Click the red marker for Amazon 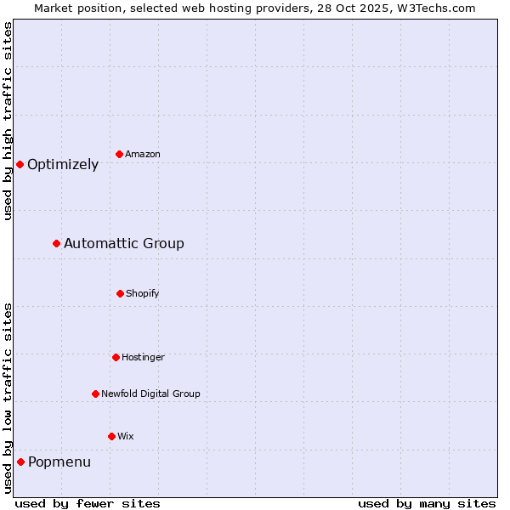point(119,154)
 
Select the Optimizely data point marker point(20,164)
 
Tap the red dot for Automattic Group point(56,244)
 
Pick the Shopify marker point(120,293)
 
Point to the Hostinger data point point(116,357)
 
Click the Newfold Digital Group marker point(95,394)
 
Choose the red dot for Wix point(111,436)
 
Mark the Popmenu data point point(20,462)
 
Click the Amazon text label point(143,154)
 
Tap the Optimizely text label point(63,165)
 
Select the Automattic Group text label point(124,244)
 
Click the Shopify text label point(143,293)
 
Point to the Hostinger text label point(143,357)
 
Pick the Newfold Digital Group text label point(150,394)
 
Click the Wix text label point(126,436)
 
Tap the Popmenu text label point(59,462)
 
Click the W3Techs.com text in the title point(438,8)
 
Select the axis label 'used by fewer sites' point(88,503)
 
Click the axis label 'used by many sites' point(427,503)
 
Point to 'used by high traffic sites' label point(8,121)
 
